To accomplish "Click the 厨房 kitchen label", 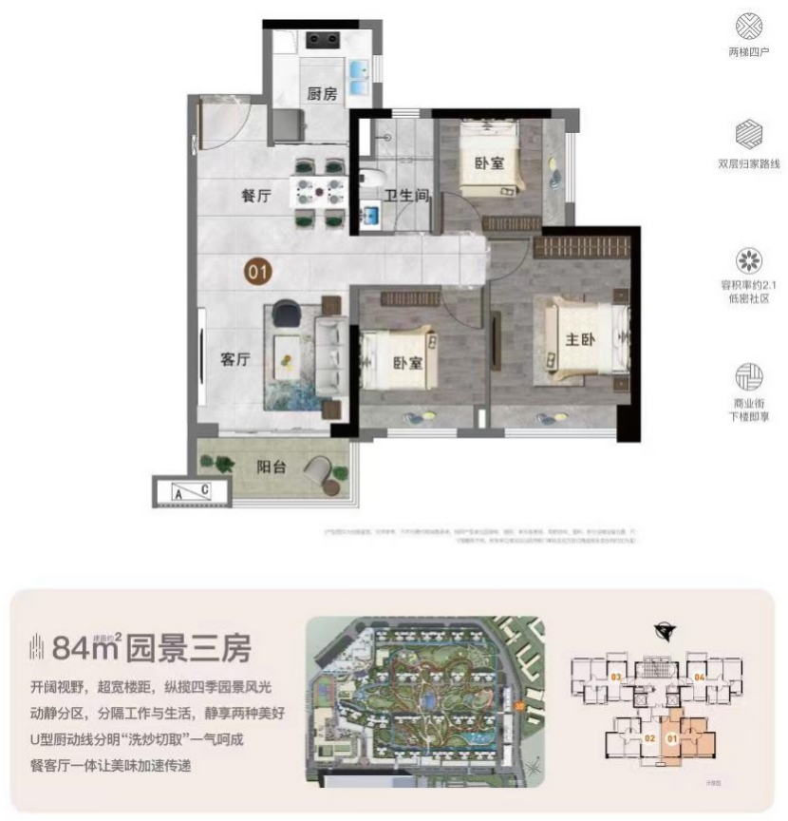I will tap(322, 93).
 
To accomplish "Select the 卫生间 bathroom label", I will tap(407, 197).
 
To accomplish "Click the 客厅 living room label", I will tap(235, 359).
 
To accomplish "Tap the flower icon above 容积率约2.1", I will tap(749, 260).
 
